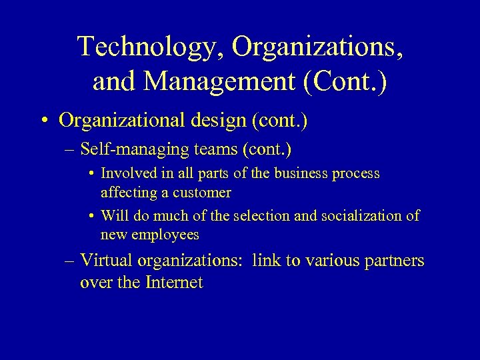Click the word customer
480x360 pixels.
(x=202, y=193)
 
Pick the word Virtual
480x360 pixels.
(x=108, y=261)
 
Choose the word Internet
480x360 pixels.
(x=171, y=283)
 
